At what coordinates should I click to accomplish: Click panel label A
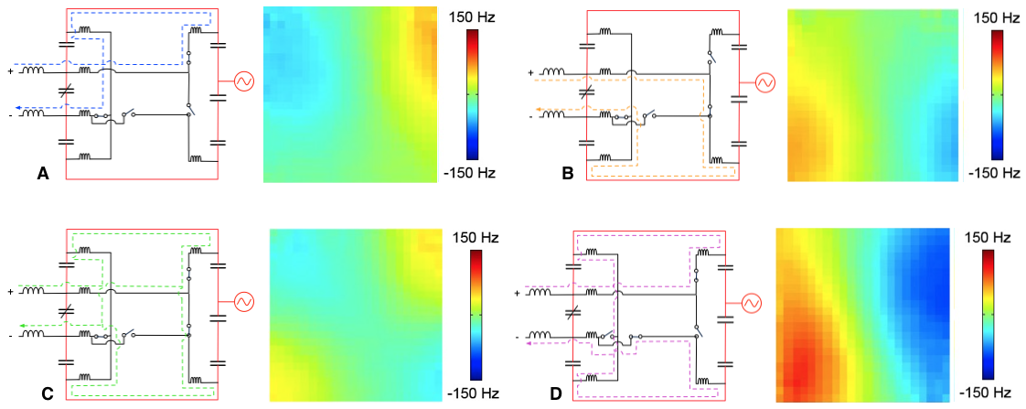click(x=42, y=172)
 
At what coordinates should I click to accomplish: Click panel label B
click(x=568, y=172)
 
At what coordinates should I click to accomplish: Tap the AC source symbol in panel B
click(x=764, y=83)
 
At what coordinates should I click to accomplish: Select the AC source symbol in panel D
click(x=751, y=302)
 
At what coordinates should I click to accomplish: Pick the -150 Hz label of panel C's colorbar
click(x=474, y=394)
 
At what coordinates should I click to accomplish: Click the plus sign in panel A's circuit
click(x=11, y=70)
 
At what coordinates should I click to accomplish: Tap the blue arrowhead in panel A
click(x=20, y=107)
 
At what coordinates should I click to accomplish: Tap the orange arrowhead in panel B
click(x=539, y=110)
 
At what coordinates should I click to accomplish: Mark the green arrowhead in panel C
click(x=21, y=325)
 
